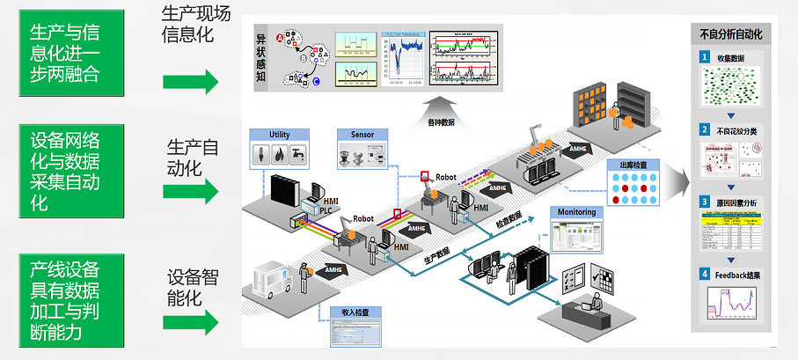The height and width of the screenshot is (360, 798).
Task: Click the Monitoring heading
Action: [x=575, y=212]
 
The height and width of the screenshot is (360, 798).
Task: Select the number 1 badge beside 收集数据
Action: [x=704, y=57]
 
